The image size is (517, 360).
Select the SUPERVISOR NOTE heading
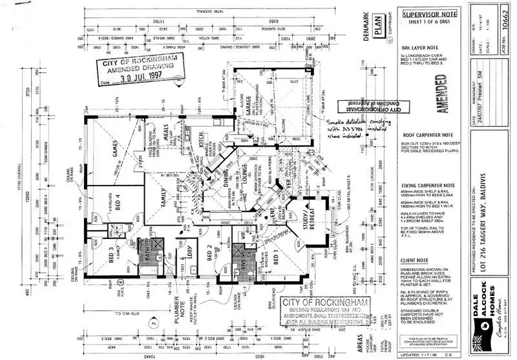pos(421,14)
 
